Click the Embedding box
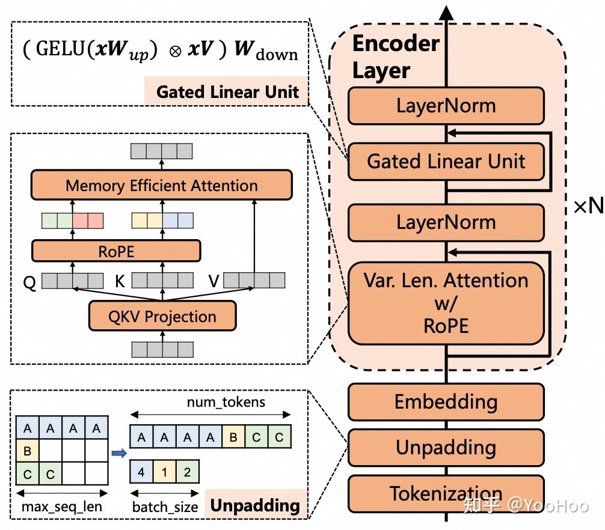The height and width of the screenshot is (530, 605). pyautogui.click(x=446, y=401)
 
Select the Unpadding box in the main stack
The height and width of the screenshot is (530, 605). pyautogui.click(x=446, y=447)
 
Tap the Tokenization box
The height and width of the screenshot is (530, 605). pyautogui.click(x=446, y=493)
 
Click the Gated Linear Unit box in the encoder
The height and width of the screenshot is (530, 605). pyautogui.click(x=446, y=161)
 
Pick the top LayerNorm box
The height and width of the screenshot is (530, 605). pyautogui.click(x=446, y=106)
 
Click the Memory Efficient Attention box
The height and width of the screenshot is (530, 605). pyautogui.click(x=161, y=186)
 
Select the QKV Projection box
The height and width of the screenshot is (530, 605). pyautogui.click(x=162, y=316)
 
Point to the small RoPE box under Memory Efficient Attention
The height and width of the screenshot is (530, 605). pyautogui.click(x=116, y=251)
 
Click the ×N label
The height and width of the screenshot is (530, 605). pyautogui.click(x=588, y=206)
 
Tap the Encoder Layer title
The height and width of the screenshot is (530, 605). pyautogui.click(x=396, y=57)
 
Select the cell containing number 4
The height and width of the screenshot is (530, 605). pyautogui.click(x=141, y=472)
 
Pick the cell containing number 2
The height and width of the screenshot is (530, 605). pyautogui.click(x=187, y=472)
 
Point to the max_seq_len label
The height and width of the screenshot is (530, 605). pyautogui.click(x=62, y=507)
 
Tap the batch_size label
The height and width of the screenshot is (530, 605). pyautogui.click(x=165, y=507)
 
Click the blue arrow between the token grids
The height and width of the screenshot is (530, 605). pyautogui.click(x=119, y=452)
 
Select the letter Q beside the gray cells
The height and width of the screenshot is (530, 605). pyautogui.click(x=29, y=282)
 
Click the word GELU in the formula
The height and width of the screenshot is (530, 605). pyautogui.click(x=61, y=49)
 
